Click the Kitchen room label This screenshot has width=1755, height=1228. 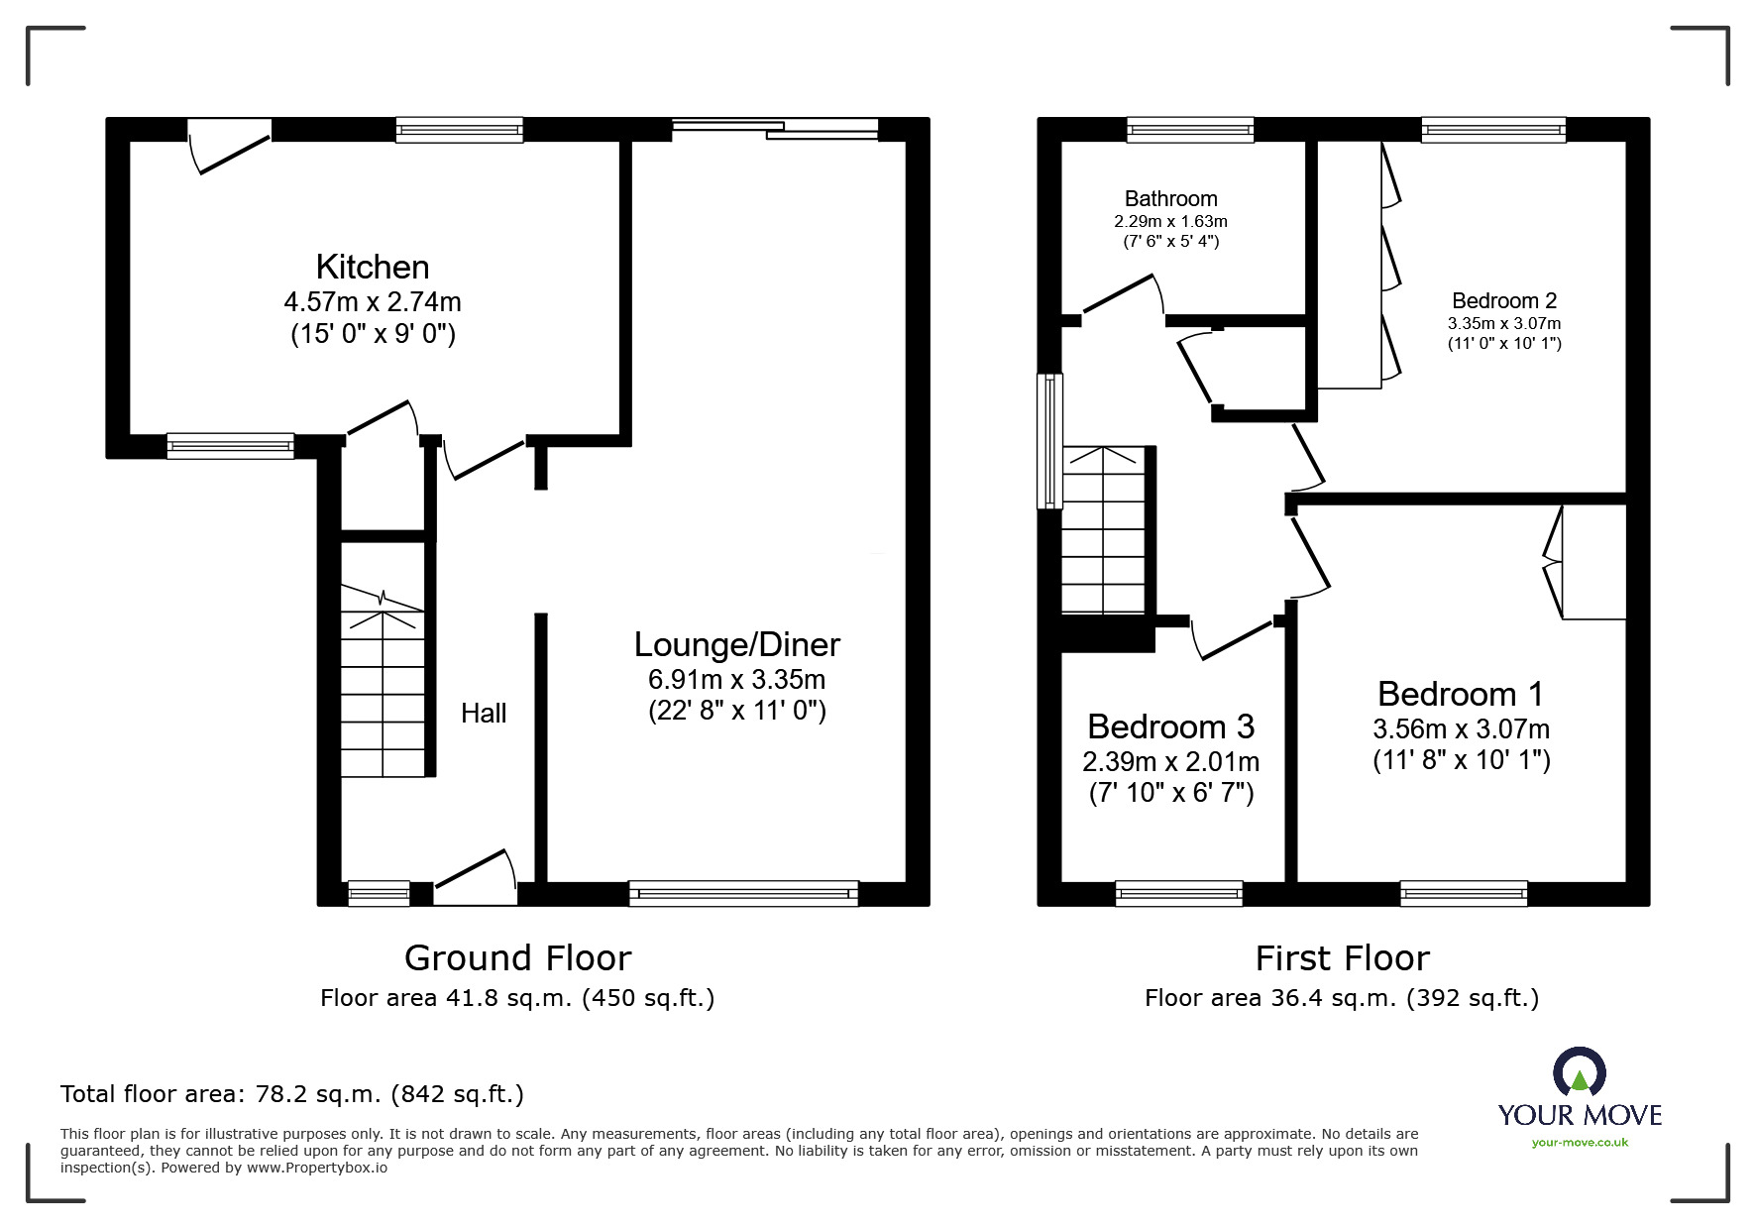point(373,267)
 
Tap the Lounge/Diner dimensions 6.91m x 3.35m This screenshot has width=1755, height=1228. point(736,680)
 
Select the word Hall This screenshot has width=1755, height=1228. point(484,713)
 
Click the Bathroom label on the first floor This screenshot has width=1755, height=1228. point(1170,198)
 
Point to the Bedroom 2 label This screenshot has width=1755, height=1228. point(1503,300)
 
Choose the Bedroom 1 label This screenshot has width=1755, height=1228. point(1460,694)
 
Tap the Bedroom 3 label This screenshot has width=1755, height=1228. point(1170,726)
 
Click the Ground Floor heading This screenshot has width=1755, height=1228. point(517,957)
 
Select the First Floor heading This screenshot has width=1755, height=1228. point(1342,957)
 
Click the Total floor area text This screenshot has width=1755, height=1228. point(292,1094)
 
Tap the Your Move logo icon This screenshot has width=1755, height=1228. point(1579,1072)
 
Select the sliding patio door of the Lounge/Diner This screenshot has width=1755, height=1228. point(775,127)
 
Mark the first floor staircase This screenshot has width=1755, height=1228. point(1103,530)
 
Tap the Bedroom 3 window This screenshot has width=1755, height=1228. point(1178,893)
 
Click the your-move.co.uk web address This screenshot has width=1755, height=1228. point(1580,1143)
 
